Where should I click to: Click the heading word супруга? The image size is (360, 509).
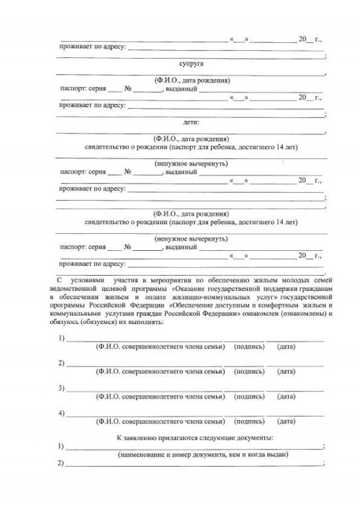click(191, 64)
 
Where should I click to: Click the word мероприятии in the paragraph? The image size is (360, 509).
click(174, 278)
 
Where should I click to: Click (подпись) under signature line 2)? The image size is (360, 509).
click(249, 372)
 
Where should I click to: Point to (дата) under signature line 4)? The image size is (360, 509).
click(286, 421)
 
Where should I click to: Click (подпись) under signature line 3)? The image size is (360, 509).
click(249, 397)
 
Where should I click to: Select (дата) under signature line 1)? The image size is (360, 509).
click(286, 347)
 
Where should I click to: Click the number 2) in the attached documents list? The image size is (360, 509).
click(61, 463)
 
